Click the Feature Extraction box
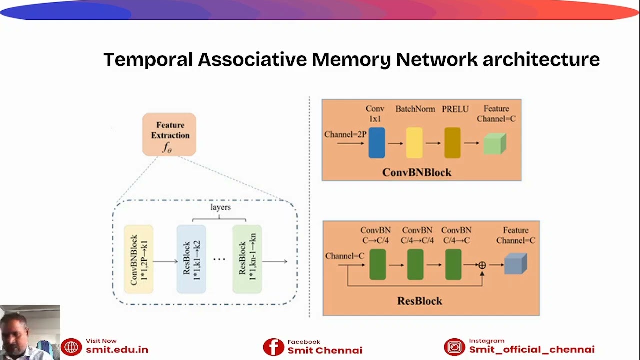pyautogui.click(x=169, y=134)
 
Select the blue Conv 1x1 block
pyautogui.click(x=377, y=143)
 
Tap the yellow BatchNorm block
pyautogui.click(x=414, y=143)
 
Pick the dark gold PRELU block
pyautogui.click(x=452, y=143)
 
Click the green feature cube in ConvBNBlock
pyautogui.click(x=494, y=143)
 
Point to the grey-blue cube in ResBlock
pyautogui.click(x=515, y=264)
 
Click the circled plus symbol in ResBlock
pyautogui.click(x=482, y=265)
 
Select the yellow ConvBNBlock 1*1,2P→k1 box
pyautogui.click(x=138, y=259)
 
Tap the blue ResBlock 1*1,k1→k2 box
pyautogui.click(x=191, y=259)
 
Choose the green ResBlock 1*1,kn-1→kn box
pyautogui.click(x=247, y=259)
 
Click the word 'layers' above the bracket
pyautogui.click(x=220, y=207)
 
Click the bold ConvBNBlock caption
pyautogui.click(x=417, y=172)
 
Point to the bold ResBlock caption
pyautogui.click(x=420, y=301)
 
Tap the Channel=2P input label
pyautogui.click(x=345, y=134)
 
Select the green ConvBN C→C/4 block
pyautogui.click(x=378, y=264)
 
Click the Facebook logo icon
pyautogui.click(x=273, y=347)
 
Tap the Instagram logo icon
pyautogui.click(x=454, y=347)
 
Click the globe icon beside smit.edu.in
pyautogui.click(x=71, y=347)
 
